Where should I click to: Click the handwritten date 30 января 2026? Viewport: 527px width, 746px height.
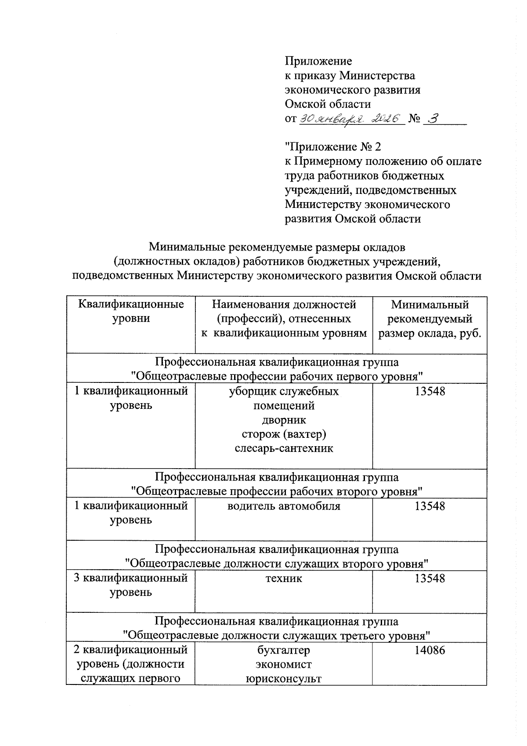click(350, 119)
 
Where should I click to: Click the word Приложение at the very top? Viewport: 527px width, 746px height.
click(318, 61)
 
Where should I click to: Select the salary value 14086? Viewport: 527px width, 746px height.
click(430, 650)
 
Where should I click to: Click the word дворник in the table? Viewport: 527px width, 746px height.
click(284, 420)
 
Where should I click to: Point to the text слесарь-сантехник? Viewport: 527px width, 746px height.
click(284, 448)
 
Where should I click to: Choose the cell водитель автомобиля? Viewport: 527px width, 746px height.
click(284, 506)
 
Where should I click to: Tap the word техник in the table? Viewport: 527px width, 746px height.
click(284, 578)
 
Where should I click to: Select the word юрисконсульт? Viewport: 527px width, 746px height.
click(284, 678)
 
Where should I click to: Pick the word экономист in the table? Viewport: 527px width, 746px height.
click(284, 664)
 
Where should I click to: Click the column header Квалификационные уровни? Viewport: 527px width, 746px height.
click(131, 311)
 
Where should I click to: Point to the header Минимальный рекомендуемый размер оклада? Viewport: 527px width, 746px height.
click(430, 319)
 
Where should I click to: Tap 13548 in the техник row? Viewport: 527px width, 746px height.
click(430, 578)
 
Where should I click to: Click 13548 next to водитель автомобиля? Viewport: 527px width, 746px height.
click(430, 506)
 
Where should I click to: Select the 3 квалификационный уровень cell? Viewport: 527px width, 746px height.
click(131, 585)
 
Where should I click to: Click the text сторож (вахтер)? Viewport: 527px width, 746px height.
click(284, 434)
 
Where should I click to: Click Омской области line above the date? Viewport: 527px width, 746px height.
click(328, 104)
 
